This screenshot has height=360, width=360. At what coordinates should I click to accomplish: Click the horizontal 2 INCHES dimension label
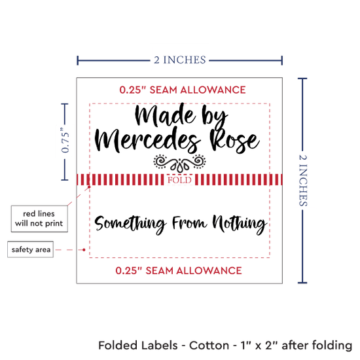[180, 60]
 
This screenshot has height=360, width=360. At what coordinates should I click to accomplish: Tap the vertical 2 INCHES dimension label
[303, 180]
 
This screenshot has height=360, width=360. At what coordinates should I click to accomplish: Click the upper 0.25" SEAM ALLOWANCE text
[183, 90]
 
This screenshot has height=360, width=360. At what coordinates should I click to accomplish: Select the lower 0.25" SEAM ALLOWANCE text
[179, 271]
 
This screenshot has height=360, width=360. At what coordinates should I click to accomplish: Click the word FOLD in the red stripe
[179, 180]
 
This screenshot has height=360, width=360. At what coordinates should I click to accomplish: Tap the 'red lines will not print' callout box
[39, 219]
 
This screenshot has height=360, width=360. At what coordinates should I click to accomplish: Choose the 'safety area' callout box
[31, 249]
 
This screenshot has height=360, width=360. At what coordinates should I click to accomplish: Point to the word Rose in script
[234, 141]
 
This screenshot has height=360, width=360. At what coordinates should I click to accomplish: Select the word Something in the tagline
[130, 223]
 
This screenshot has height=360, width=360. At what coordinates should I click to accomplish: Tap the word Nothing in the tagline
[239, 223]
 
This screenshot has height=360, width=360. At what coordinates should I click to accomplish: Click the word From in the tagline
[190, 223]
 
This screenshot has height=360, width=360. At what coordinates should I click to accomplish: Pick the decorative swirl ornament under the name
[179, 163]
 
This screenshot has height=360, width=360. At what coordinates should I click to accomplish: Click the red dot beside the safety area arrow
[84, 249]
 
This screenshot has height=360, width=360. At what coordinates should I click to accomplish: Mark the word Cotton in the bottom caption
[209, 346]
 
